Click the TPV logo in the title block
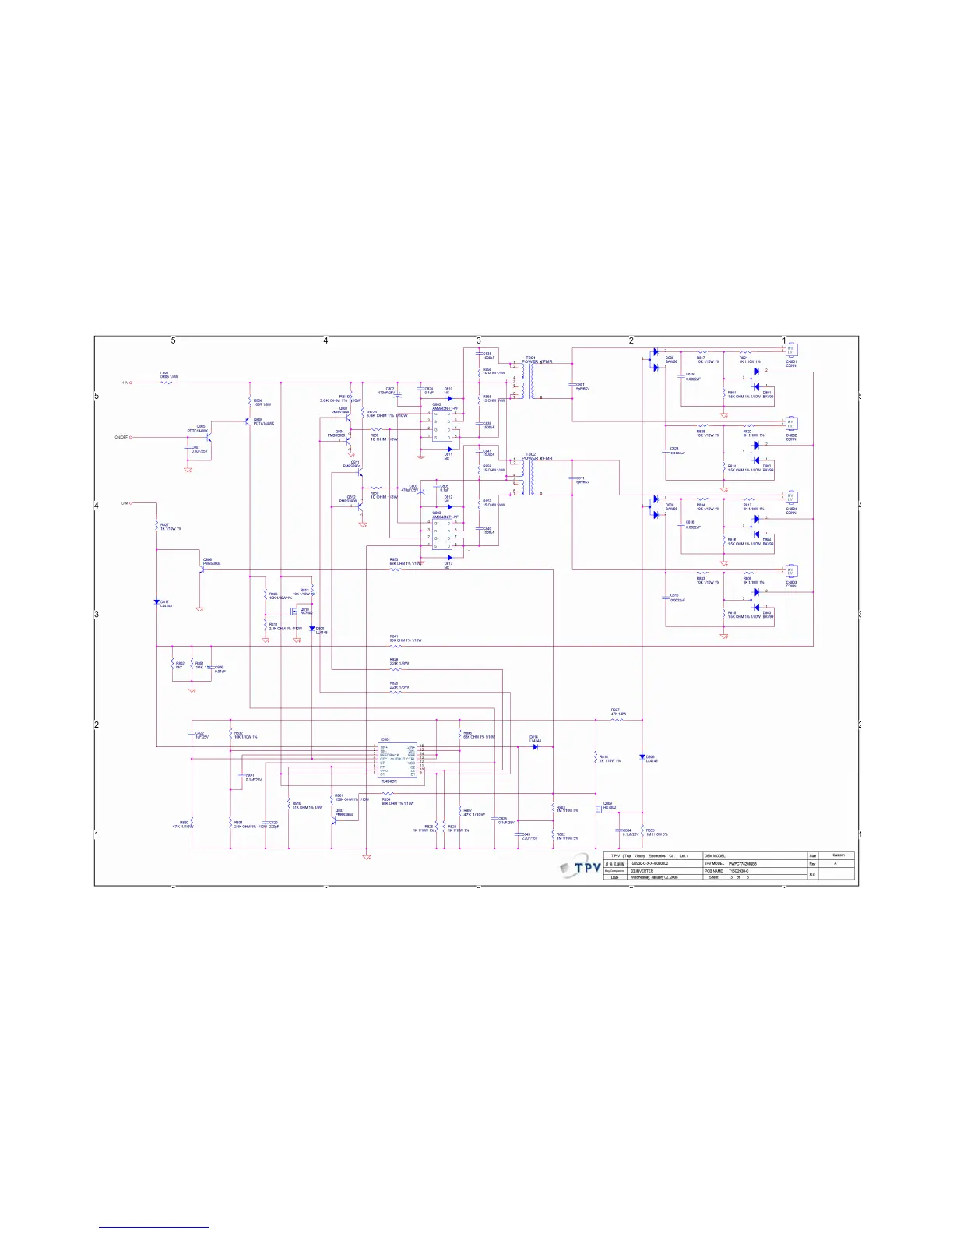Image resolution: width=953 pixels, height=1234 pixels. coord(581,867)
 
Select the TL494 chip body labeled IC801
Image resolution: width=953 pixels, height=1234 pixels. coord(397,760)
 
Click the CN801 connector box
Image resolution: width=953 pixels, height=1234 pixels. coord(790,351)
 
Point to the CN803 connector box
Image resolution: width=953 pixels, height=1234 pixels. coord(790,571)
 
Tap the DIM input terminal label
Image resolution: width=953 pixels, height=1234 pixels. coord(124,503)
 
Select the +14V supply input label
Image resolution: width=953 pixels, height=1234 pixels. coord(123,383)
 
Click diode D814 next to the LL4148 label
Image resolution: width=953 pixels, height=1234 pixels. coord(536,747)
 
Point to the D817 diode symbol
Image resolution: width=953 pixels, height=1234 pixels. coord(156,602)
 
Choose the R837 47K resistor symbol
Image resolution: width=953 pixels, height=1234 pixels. coord(617,720)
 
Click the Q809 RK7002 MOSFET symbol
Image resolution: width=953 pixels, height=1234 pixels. coord(600,808)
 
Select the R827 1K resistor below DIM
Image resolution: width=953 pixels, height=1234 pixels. coord(156,527)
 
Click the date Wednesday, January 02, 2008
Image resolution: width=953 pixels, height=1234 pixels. coord(654,877)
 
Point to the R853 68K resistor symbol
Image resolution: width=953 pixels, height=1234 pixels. coord(395,569)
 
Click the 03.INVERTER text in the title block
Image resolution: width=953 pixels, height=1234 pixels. coord(642,871)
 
